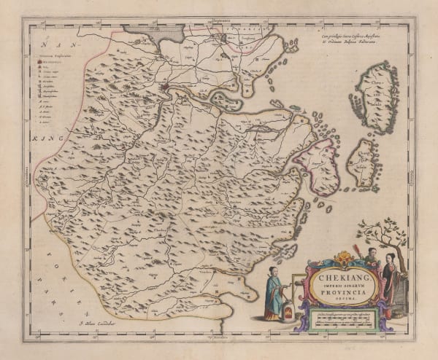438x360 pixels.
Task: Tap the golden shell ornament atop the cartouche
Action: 336,256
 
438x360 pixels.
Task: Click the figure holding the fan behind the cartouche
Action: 371,259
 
